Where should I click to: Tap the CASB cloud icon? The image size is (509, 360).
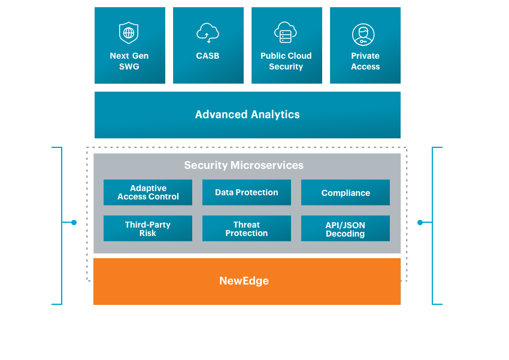coord(208,32)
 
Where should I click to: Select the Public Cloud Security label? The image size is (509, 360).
coord(286,61)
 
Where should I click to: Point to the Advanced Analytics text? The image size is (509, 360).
coord(247,114)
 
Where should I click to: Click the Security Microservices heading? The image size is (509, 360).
coord(244,165)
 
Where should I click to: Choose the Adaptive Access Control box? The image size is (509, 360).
coord(148,193)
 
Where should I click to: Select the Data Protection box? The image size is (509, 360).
coord(247,193)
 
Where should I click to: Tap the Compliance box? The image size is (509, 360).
coord(346,193)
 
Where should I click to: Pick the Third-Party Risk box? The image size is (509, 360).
coord(148,229)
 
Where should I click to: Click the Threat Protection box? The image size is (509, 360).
coord(247,229)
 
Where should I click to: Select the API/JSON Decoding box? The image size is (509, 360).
coord(346,229)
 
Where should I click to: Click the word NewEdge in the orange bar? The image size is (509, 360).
coord(244,281)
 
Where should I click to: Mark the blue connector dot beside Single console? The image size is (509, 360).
coord(74,222)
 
